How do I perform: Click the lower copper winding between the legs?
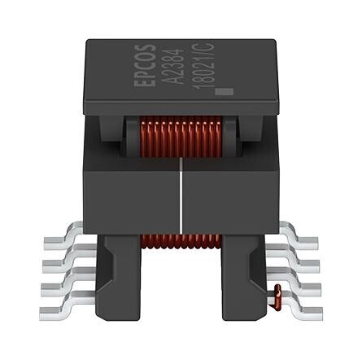(181, 241)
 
